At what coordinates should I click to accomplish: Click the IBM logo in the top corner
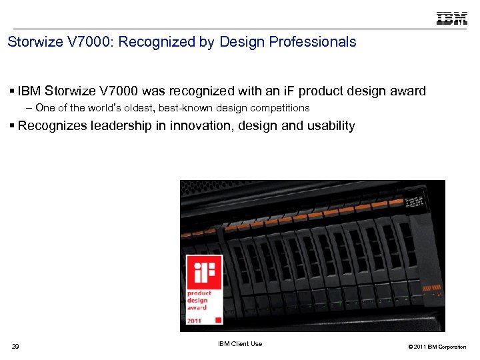pyautogui.click(x=451, y=18)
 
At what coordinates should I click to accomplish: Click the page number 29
pyautogui.click(x=16, y=346)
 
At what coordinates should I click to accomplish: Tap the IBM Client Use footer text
pyautogui.click(x=240, y=344)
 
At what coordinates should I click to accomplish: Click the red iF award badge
pyautogui.click(x=203, y=289)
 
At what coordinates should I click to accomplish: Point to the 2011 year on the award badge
pyautogui.click(x=195, y=320)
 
